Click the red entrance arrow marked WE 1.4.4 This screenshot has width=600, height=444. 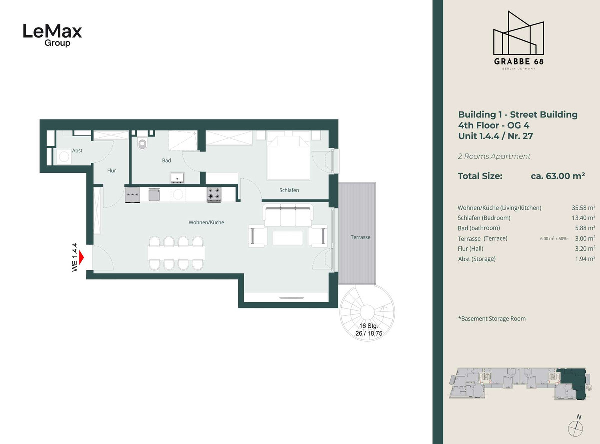pos(81,257)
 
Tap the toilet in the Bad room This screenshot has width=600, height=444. pos(142,143)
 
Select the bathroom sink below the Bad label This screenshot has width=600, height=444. pos(177,178)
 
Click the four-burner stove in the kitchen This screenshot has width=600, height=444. pos(214,195)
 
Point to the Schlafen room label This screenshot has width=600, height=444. pos(289,190)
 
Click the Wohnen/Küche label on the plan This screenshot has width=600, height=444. pos(206,222)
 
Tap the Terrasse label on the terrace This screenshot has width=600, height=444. pos(360,237)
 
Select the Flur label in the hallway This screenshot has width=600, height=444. pos(111,170)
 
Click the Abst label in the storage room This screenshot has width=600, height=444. pos(77,150)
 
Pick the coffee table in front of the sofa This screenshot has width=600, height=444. pos(288,238)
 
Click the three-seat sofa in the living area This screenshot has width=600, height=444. pos(288,216)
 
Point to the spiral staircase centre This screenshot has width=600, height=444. pos(367,312)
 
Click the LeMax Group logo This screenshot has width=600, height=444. pos(53,35)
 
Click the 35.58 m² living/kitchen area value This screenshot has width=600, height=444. pos(583,208)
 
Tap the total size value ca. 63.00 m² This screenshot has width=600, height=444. pos(558,176)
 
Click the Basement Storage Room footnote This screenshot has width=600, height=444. pos(492,318)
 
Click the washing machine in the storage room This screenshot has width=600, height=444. pos(64,157)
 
